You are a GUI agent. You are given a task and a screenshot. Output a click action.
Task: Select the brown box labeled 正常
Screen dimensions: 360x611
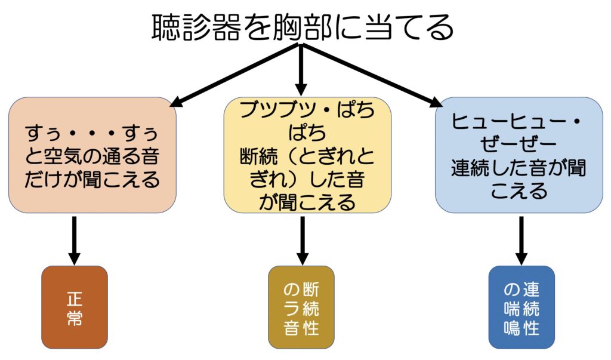(75, 307)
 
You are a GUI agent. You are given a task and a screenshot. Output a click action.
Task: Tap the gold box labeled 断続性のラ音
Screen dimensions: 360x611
(301, 307)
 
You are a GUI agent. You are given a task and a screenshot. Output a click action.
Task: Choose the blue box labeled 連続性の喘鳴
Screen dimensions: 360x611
(521, 307)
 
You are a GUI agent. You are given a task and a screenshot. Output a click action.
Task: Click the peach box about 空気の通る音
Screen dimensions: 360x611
(92, 155)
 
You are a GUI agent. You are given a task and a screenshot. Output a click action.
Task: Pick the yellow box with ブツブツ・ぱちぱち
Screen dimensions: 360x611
(307, 155)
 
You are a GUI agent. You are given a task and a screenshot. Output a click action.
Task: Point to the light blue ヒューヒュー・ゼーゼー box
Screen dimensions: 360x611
(519, 155)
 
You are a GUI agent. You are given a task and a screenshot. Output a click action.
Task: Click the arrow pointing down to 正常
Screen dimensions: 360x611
(74, 239)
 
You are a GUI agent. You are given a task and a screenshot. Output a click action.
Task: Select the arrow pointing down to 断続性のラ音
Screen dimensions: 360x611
(302, 239)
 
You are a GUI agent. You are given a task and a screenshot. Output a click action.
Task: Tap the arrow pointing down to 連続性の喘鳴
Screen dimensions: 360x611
(521, 239)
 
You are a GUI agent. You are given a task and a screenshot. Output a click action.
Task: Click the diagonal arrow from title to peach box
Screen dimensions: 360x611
(233, 75)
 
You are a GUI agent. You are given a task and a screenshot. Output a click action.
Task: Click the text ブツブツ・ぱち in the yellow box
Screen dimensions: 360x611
(307, 112)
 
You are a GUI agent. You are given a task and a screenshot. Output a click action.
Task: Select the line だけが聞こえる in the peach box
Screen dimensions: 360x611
(92, 180)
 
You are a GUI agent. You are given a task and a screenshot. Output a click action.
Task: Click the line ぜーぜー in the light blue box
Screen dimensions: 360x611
(519, 144)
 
